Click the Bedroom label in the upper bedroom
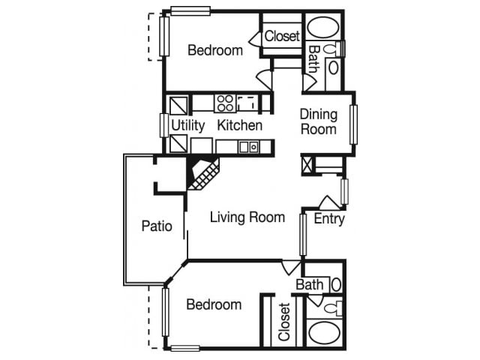(215, 51)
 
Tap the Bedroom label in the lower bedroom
(214, 304)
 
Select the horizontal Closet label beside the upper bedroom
(282, 35)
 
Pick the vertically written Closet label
(284, 322)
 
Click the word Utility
(187, 125)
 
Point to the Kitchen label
(239, 125)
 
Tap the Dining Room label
(319, 121)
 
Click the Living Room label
(247, 217)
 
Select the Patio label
(157, 225)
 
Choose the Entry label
(329, 219)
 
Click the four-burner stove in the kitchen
(224, 103)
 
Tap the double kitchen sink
(248, 147)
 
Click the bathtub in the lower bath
(324, 332)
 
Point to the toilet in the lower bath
(334, 307)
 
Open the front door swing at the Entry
(329, 202)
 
